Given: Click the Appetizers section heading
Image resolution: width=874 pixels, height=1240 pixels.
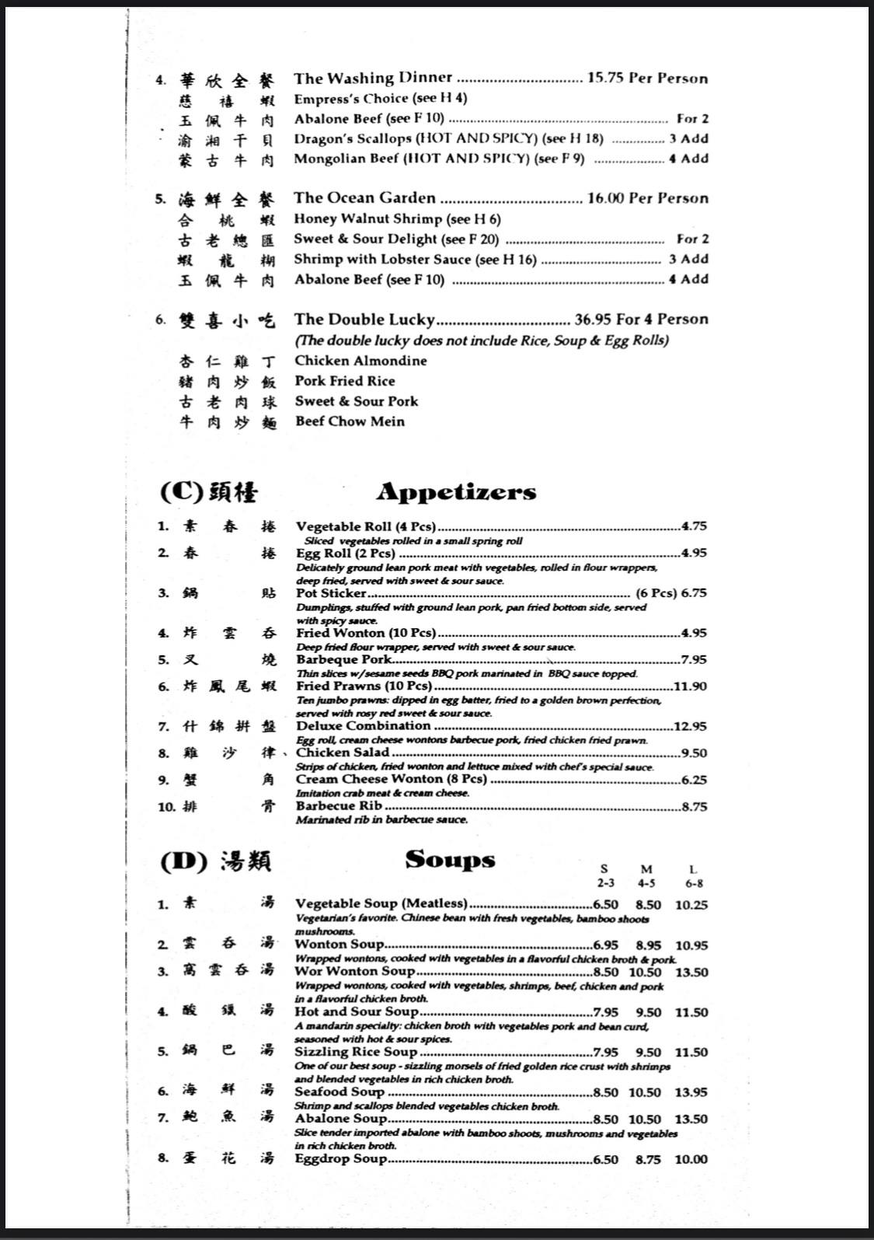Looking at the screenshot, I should click(456, 492).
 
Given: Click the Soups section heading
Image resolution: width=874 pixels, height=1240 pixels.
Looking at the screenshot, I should click(450, 859).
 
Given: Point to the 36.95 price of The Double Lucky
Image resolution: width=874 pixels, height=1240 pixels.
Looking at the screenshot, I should click(593, 320).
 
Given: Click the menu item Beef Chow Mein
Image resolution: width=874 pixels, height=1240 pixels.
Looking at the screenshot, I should click(350, 421).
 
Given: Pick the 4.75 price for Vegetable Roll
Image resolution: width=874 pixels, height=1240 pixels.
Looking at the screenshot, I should click(694, 526).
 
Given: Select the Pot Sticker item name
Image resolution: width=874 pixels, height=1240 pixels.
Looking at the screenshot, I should click(331, 592).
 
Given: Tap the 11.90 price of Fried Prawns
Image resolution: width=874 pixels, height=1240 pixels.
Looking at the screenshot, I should click(689, 686).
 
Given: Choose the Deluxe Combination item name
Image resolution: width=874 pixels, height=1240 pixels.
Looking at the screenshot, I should click(363, 725).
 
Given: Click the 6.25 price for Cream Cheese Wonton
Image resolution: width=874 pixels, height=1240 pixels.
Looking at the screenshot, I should click(694, 780).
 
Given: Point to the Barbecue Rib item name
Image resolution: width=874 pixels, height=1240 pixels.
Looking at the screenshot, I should click(339, 806).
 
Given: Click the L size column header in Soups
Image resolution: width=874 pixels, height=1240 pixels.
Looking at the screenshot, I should click(693, 870).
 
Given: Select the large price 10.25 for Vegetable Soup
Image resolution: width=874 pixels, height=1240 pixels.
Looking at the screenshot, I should click(691, 905).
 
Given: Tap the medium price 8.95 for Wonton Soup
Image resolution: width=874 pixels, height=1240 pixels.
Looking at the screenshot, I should click(648, 945).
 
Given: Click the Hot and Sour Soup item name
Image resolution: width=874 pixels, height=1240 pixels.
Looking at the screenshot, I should click(357, 1011).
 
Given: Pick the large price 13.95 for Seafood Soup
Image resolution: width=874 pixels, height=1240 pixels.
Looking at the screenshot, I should click(691, 1092).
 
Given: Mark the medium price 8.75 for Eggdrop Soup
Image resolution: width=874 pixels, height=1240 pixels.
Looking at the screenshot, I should click(648, 1159).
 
